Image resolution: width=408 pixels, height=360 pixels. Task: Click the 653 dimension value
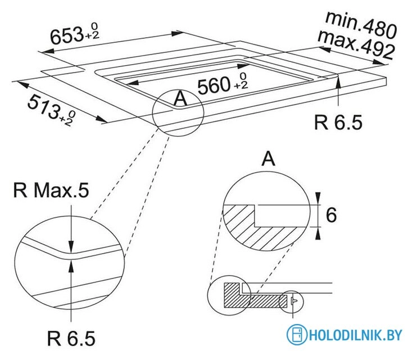tap(66, 35)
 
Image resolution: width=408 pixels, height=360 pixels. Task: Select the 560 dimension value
tap(214, 85)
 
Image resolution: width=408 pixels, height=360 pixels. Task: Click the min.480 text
tap(361, 25)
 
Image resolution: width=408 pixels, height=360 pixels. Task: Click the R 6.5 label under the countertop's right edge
tap(338, 123)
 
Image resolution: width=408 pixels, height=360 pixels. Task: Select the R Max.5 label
tap(51, 190)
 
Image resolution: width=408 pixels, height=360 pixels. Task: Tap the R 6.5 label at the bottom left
tap(71, 338)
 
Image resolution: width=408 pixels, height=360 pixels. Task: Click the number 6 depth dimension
tap(331, 215)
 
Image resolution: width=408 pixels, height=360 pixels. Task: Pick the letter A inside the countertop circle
tap(180, 99)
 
